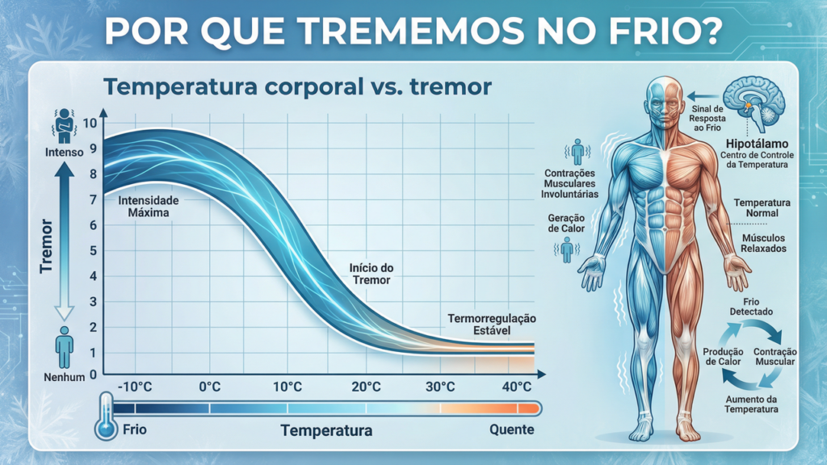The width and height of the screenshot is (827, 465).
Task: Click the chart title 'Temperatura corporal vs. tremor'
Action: (296, 87)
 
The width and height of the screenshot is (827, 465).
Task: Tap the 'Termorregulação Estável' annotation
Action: (492, 325)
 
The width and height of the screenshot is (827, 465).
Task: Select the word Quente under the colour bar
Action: (512, 429)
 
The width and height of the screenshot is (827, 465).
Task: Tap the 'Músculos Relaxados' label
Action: (762, 243)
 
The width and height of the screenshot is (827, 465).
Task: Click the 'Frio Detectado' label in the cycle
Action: (757, 306)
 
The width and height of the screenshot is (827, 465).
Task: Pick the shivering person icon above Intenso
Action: (65, 126)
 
